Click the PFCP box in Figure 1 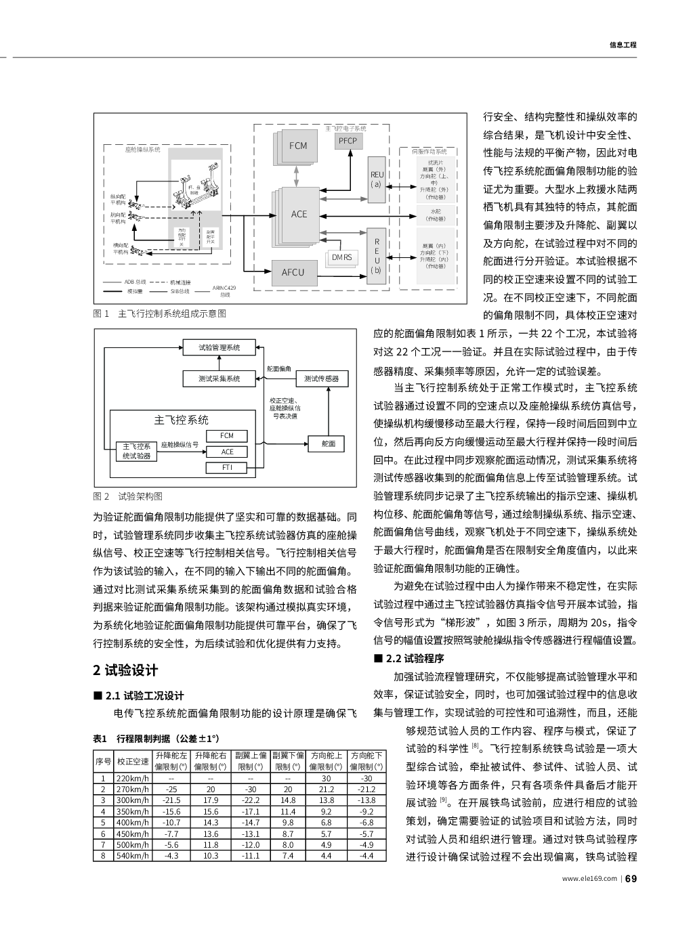click(x=348, y=140)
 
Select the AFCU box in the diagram click(x=293, y=272)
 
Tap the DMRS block click(x=343, y=257)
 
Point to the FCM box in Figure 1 click(x=298, y=146)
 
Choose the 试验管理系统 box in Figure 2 click(x=219, y=347)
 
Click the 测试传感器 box click(x=321, y=378)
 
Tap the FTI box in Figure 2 click(x=228, y=468)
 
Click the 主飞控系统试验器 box click(x=136, y=451)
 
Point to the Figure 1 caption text click(x=159, y=313)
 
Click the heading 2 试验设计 click(x=125, y=670)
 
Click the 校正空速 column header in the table click(x=133, y=761)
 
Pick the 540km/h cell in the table click(x=133, y=856)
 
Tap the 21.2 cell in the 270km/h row click(x=326, y=789)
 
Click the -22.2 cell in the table click(x=251, y=800)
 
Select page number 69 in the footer click(x=631, y=879)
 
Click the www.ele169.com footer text click(x=589, y=880)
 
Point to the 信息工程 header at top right click(x=623, y=45)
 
